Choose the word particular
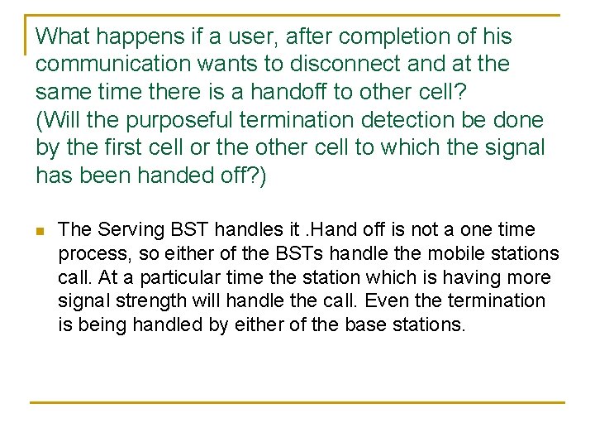click(174, 277)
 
